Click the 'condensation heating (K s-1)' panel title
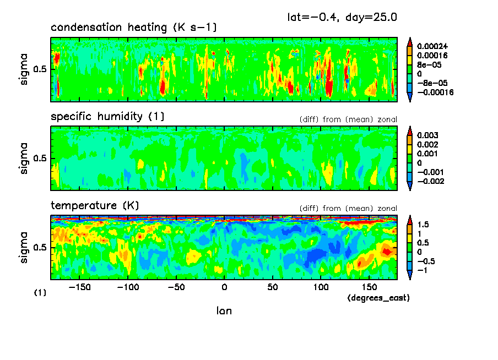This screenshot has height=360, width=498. (138, 28)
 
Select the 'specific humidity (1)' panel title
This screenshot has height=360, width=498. (107, 117)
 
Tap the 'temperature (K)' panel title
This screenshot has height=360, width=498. (95, 206)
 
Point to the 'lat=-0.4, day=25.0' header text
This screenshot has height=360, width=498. (342, 17)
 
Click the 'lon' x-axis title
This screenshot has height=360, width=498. (224, 311)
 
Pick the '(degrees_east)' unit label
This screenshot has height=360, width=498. (378, 298)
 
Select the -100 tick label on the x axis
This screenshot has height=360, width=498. (128, 288)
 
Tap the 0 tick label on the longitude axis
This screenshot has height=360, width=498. (224, 288)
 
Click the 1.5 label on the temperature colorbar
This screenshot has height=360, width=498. (423, 225)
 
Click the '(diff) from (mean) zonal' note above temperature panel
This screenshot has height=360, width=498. (348, 209)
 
